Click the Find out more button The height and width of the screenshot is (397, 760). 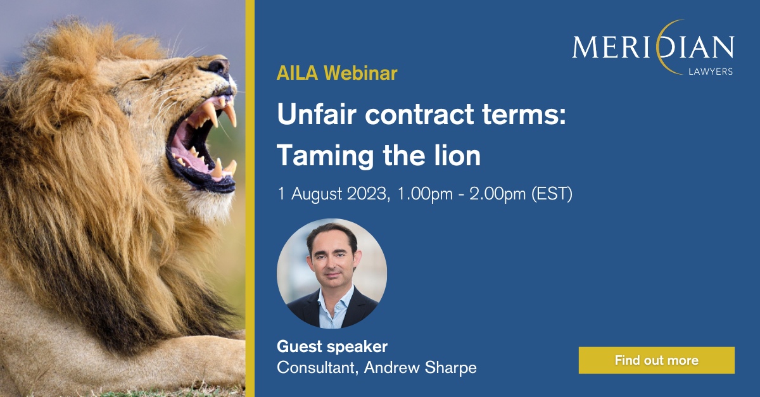point(657,360)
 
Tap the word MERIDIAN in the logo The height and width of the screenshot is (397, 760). point(653,47)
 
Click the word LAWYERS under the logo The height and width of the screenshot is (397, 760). point(711,72)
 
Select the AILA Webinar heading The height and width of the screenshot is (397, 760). point(337,73)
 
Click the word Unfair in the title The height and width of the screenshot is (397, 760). point(317,114)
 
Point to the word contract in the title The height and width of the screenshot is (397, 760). point(419,115)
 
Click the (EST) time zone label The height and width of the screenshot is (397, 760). point(552,194)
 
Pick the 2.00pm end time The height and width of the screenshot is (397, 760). point(497,194)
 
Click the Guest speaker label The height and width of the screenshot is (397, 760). point(332,347)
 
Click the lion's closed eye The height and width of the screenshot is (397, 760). point(144,79)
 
